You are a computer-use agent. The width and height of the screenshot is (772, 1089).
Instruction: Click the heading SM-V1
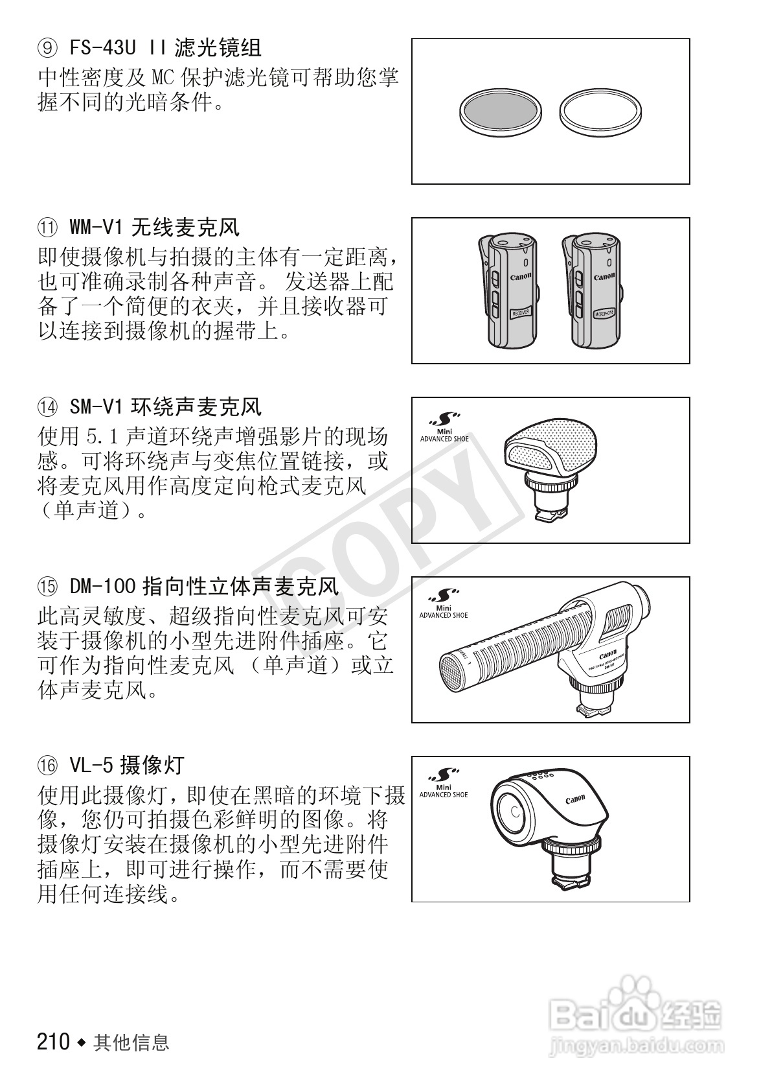click(x=95, y=407)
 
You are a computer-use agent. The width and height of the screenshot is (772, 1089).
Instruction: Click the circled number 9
click(x=47, y=48)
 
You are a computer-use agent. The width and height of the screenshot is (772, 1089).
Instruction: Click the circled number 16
click(x=47, y=766)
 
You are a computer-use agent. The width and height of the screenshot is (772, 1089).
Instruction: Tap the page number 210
click(x=53, y=1042)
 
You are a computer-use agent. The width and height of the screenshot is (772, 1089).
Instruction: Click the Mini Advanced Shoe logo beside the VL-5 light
click(x=444, y=785)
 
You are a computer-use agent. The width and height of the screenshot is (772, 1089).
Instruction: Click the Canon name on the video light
click(x=575, y=799)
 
